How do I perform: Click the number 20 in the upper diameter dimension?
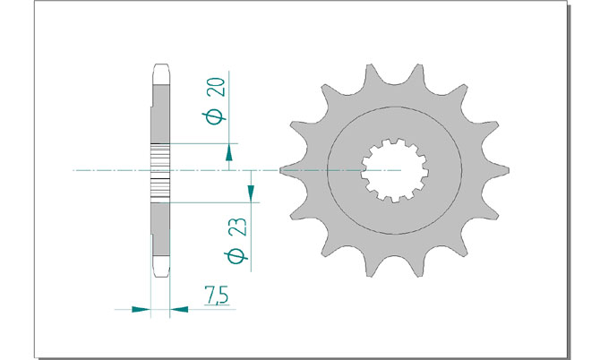click(x=216, y=87)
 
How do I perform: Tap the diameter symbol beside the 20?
click(x=215, y=118)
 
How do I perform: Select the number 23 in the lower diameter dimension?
click(x=239, y=227)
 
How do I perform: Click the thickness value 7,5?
click(x=216, y=296)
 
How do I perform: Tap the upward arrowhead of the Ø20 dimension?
click(x=229, y=152)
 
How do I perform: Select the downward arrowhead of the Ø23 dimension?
click(x=251, y=193)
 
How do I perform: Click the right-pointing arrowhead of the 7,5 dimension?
click(x=141, y=309)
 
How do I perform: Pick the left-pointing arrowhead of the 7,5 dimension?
click(x=179, y=309)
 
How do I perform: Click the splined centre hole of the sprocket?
click(x=395, y=170)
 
